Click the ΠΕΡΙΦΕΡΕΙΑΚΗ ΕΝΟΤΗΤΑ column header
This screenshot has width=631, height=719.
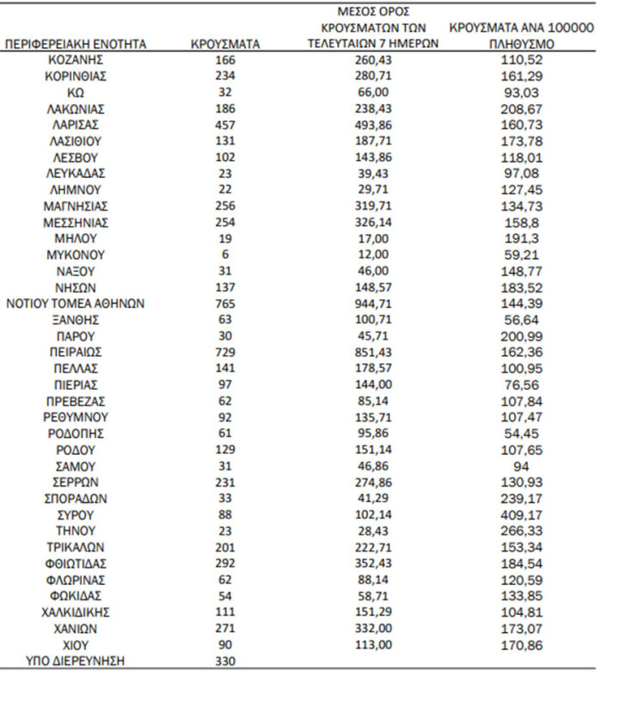pyautogui.click(x=76, y=44)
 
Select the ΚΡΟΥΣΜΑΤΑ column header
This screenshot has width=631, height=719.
pyautogui.click(x=225, y=44)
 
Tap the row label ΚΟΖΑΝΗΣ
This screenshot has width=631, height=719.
pyautogui.click(x=76, y=59)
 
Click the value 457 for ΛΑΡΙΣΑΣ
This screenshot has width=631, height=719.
pyautogui.click(x=225, y=125)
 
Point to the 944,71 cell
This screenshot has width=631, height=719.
pyautogui.click(x=372, y=304)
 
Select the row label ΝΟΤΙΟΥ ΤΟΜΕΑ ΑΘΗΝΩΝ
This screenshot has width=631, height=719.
pyautogui.click(x=76, y=304)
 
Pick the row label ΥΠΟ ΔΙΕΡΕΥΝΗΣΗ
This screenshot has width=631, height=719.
pyautogui.click(x=76, y=661)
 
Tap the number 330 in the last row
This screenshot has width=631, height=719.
pyautogui.click(x=225, y=661)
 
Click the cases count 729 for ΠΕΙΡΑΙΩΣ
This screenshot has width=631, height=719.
pyautogui.click(x=225, y=353)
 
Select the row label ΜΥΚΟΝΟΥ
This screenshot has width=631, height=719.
pyautogui.click(x=76, y=255)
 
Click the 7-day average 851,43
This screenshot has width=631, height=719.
pyautogui.click(x=372, y=353)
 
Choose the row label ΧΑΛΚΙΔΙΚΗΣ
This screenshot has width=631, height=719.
pyautogui.click(x=76, y=611)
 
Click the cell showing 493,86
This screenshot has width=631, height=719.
pyautogui.click(x=372, y=125)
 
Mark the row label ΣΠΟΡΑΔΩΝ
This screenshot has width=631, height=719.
pyautogui.click(x=76, y=498)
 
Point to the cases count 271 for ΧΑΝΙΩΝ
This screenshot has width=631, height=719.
pyautogui.click(x=225, y=628)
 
